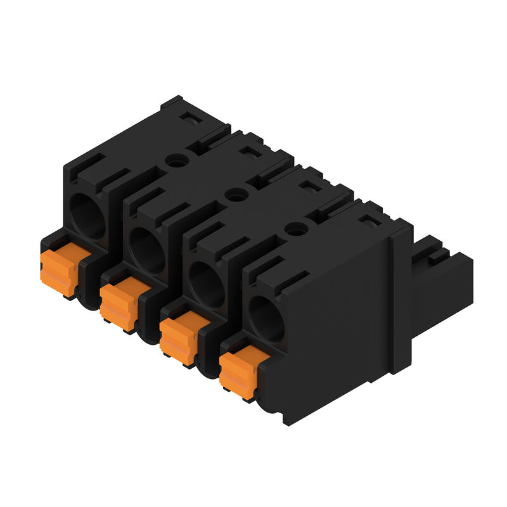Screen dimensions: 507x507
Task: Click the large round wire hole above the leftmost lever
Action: (87, 215)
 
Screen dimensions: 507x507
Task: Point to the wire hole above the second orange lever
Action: (147, 250)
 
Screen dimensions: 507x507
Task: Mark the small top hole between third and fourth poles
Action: (295, 230)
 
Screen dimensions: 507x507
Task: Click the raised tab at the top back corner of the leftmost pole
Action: (172, 103)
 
